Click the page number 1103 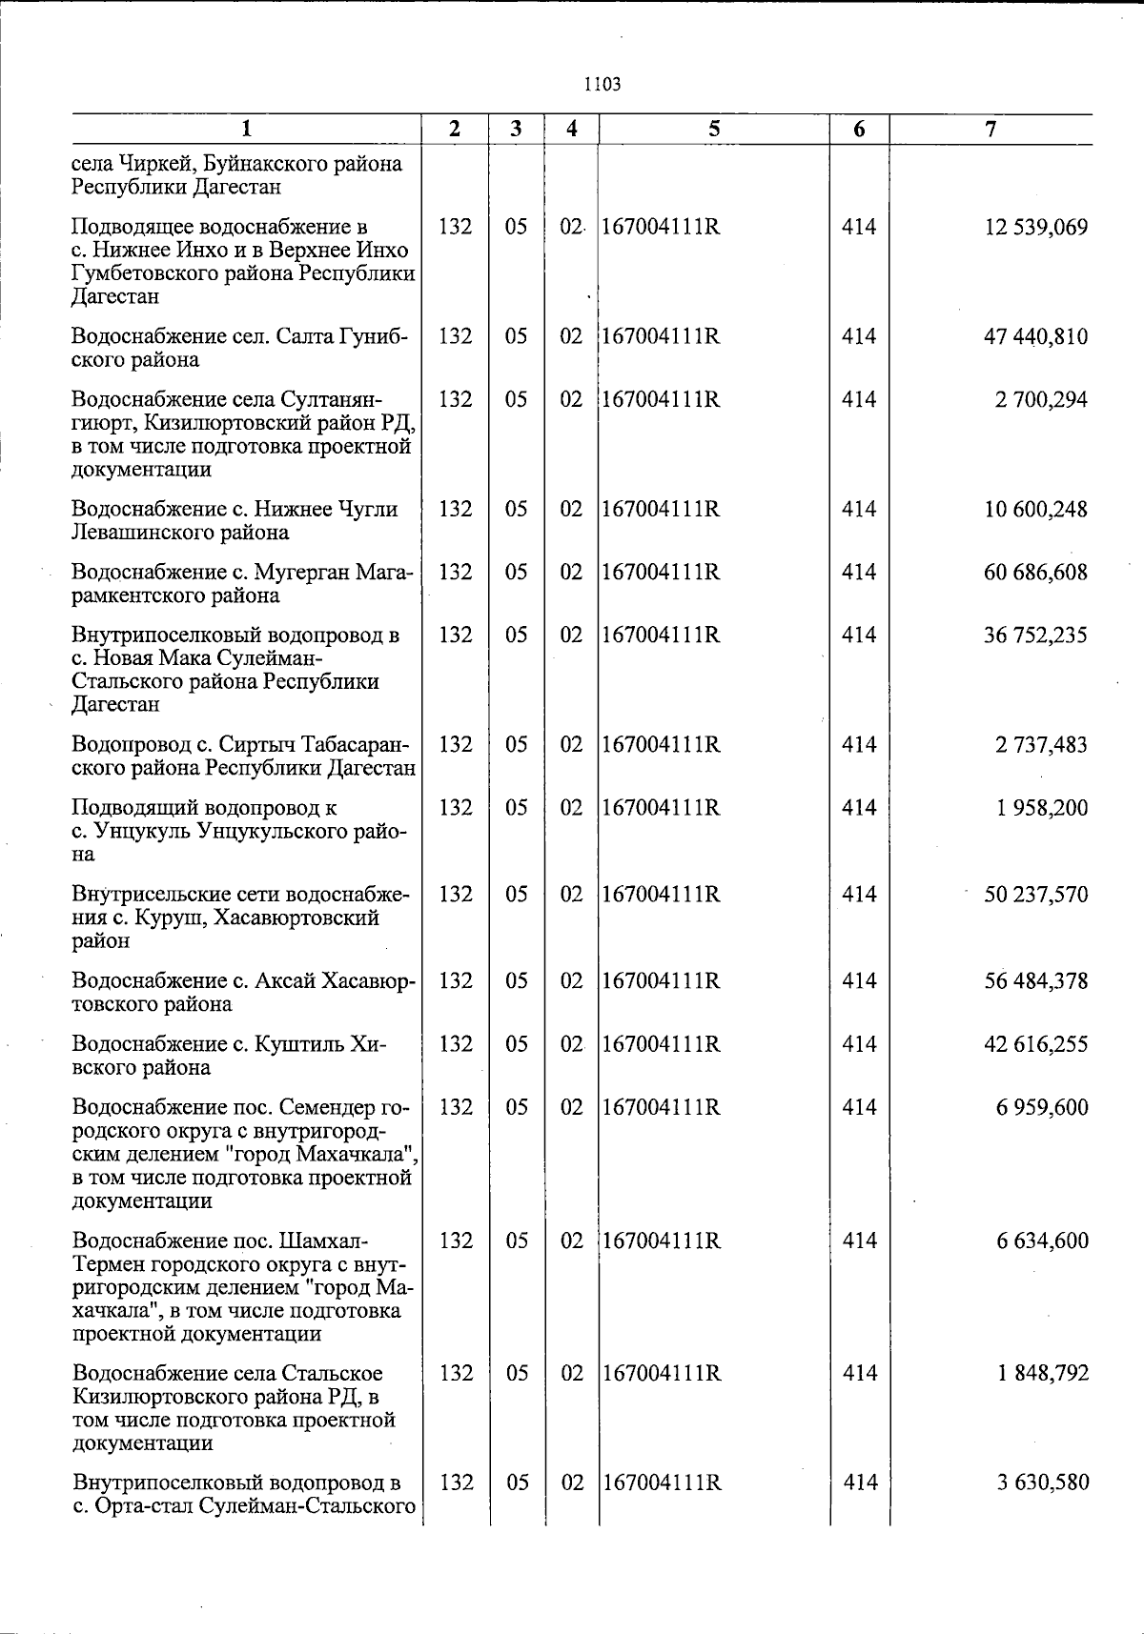click(x=602, y=84)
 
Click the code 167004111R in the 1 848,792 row click(x=661, y=1374)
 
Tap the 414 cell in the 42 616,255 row click(x=859, y=1045)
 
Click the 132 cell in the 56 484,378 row click(x=456, y=981)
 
